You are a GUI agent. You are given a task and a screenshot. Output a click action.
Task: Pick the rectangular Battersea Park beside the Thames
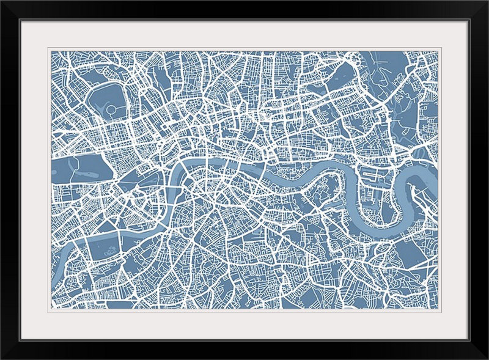[x=104, y=248]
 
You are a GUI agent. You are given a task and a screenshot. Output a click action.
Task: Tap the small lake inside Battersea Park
[x=110, y=251]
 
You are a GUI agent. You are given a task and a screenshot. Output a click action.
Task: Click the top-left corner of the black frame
[x=1, y=1]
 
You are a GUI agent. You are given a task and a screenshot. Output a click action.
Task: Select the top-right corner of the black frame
[x=487, y=1]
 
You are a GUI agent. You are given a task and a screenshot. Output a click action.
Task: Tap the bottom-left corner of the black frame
[x=1, y=358]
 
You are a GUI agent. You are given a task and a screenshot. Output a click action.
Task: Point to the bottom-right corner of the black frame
[x=487, y=358]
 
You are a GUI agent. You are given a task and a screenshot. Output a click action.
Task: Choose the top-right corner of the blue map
[x=438, y=52]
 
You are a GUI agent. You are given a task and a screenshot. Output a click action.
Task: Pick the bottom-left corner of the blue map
[x=52, y=307]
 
